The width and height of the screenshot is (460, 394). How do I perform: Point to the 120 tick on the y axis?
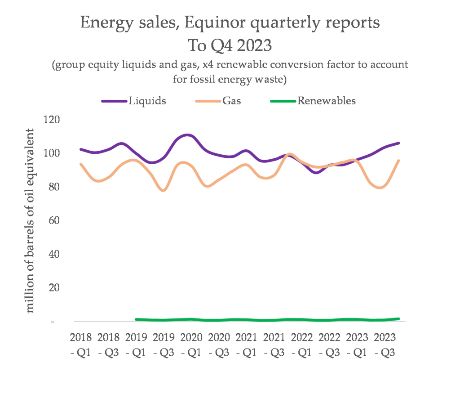(52, 120)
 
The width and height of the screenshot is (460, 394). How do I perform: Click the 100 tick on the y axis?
(52, 153)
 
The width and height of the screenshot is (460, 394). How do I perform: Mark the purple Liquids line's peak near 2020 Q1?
(188, 135)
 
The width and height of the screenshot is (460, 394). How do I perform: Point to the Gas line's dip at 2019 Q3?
(164, 190)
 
